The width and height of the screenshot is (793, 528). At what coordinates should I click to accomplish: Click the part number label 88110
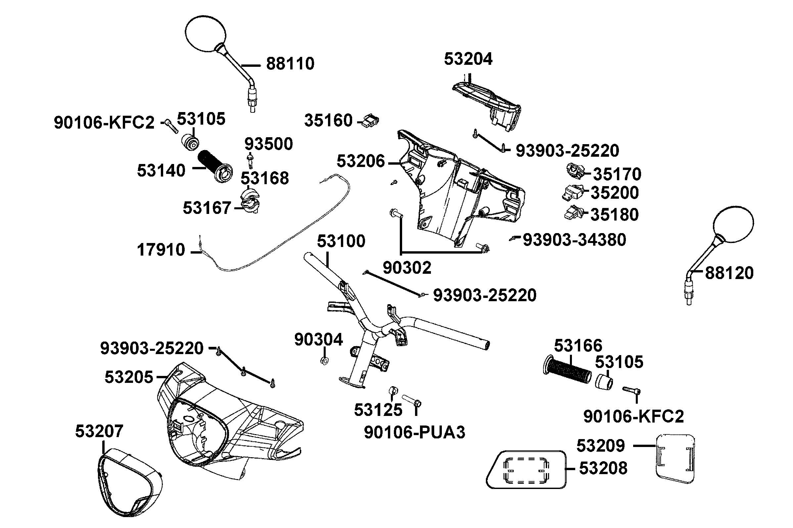pyautogui.click(x=290, y=63)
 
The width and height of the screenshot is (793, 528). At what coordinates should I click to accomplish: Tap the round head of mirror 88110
pyautogui.click(x=205, y=33)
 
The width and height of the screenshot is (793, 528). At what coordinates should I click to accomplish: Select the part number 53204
pyautogui.click(x=468, y=59)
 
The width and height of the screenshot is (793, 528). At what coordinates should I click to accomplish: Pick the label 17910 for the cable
pyautogui.click(x=161, y=250)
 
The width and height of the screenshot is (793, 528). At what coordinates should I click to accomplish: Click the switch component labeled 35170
pyautogui.click(x=575, y=171)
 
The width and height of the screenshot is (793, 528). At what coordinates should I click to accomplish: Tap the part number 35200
pyautogui.click(x=614, y=193)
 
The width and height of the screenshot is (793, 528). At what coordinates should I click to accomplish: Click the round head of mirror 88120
pyautogui.click(x=734, y=224)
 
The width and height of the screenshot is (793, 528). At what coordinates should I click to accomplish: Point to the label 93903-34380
pyautogui.click(x=574, y=240)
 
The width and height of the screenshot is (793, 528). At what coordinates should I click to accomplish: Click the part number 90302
pyautogui.click(x=407, y=268)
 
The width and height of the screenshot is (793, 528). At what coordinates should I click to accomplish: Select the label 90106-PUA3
pyautogui.click(x=414, y=432)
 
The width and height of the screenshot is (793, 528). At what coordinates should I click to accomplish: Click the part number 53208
pyautogui.click(x=603, y=468)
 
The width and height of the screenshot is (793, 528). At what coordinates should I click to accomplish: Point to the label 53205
pyautogui.click(x=129, y=377)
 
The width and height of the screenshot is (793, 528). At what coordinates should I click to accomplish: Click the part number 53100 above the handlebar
pyautogui.click(x=341, y=241)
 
